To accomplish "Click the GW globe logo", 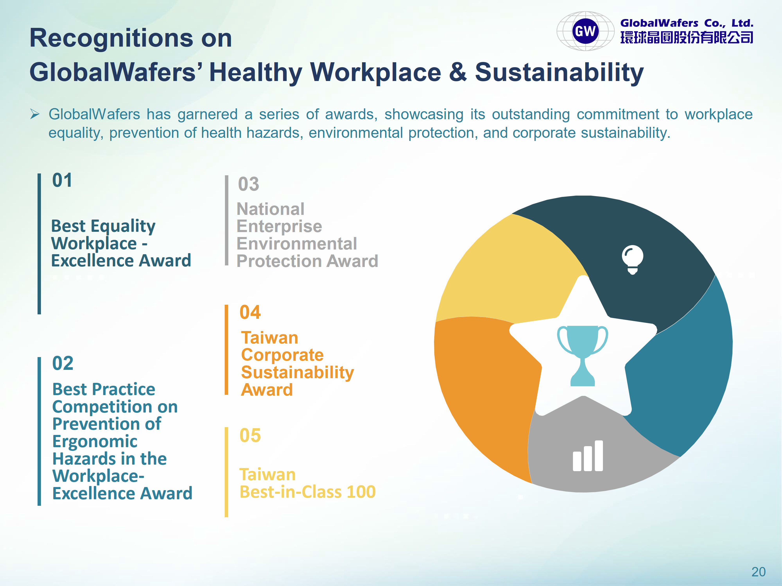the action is [x=585, y=31].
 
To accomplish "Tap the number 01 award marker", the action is [x=62, y=180].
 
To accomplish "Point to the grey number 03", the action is [x=248, y=184].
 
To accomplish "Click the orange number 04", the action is [x=250, y=312].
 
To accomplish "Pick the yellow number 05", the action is [x=250, y=435].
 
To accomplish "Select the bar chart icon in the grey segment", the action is [x=588, y=456].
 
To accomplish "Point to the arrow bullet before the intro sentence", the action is [x=35, y=114].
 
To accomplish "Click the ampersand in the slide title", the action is [x=458, y=72].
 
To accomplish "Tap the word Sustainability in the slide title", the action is [x=559, y=73].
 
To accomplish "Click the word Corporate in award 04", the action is [x=282, y=355].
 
